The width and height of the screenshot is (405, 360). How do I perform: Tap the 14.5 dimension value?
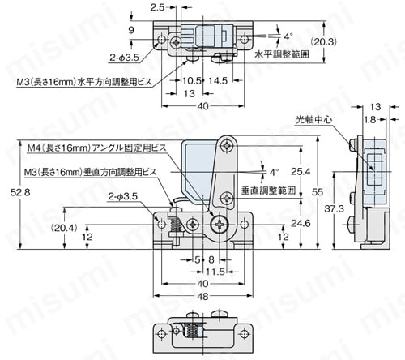(218, 81)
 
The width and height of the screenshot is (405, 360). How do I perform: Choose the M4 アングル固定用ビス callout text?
(95, 149)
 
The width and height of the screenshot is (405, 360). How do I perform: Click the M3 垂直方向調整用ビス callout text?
(92, 173)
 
